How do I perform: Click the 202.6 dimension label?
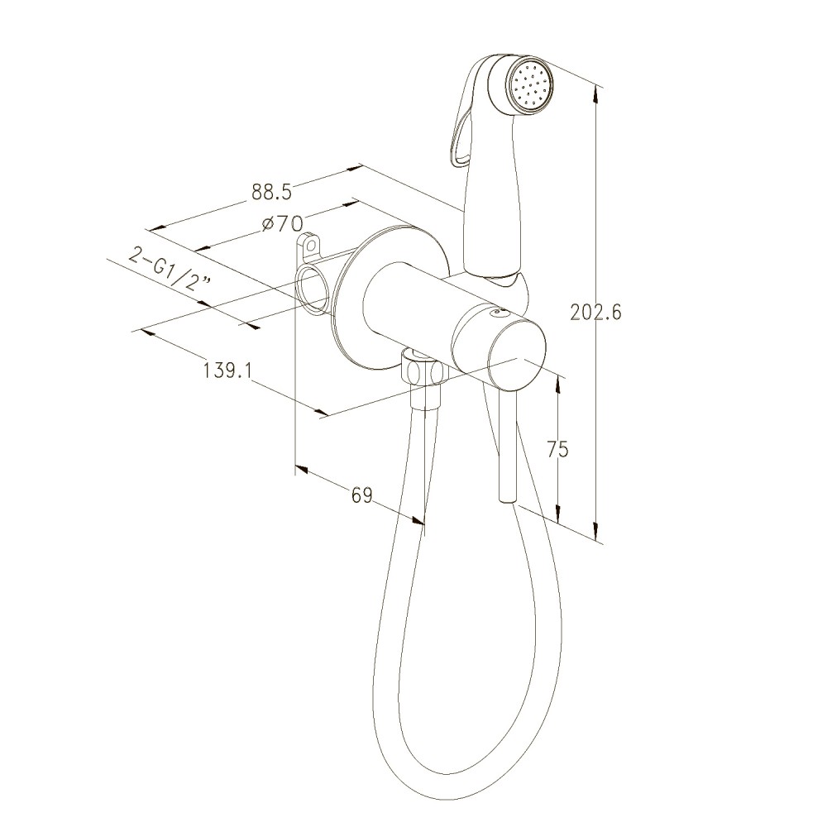click(596, 313)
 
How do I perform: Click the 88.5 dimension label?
click(271, 192)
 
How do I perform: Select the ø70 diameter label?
click(283, 224)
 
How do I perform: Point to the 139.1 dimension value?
click(227, 370)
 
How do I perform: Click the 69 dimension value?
click(362, 495)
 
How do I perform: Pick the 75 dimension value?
click(557, 449)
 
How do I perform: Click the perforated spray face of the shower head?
click(533, 85)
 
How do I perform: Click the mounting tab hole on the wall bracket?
click(311, 245)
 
